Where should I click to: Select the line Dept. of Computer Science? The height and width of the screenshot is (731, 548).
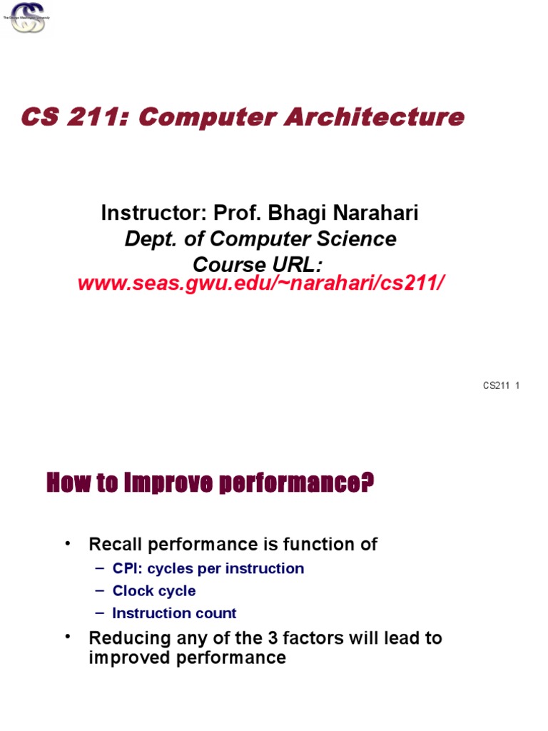(260, 238)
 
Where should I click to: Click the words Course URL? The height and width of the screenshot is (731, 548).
(258, 264)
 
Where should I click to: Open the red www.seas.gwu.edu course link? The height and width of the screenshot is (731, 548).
(261, 283)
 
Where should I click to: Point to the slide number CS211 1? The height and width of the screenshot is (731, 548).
(501, 386)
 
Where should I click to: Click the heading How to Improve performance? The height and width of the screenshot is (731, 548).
(210, 485)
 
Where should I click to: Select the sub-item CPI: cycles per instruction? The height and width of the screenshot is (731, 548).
(208, 569)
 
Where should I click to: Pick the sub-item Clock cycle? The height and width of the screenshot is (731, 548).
(154, 591)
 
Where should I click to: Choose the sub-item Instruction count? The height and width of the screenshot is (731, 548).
(174, 613)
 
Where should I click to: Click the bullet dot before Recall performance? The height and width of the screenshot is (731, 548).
(68, 544)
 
